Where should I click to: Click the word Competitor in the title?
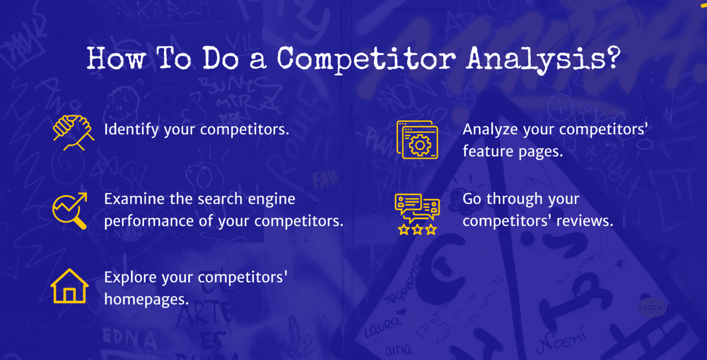click(x=365, y=59)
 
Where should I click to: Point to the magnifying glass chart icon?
click(x=70, y=210)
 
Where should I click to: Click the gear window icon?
click(x=417, y=140)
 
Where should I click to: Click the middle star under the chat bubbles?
click(x=417, y=229)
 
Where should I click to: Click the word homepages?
click(x=146, y=300)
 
